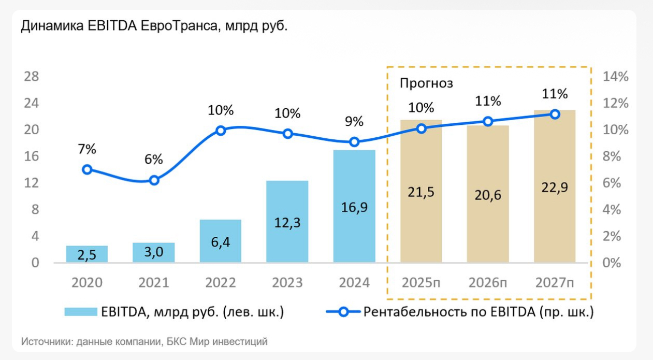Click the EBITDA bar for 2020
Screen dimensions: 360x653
coord(87,254)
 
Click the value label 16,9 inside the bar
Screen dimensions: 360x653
coord(354,208)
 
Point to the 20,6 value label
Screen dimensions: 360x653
coord(488,195)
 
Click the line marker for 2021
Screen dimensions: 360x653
coord(154,180)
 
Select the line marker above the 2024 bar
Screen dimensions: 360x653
coord(354,142)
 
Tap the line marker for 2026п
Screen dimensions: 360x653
coord(488,121)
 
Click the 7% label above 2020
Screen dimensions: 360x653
coord(87,149)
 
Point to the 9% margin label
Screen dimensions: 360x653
coord(354,122)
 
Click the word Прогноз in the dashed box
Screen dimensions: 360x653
coord(426,83)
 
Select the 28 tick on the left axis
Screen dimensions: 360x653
coord(32,77)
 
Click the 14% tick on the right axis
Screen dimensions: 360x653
coord(616,77)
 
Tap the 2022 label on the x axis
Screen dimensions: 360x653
coord(221,283)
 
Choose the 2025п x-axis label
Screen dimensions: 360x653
coord(421,283)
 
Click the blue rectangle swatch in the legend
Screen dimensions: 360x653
coord(81,312)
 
